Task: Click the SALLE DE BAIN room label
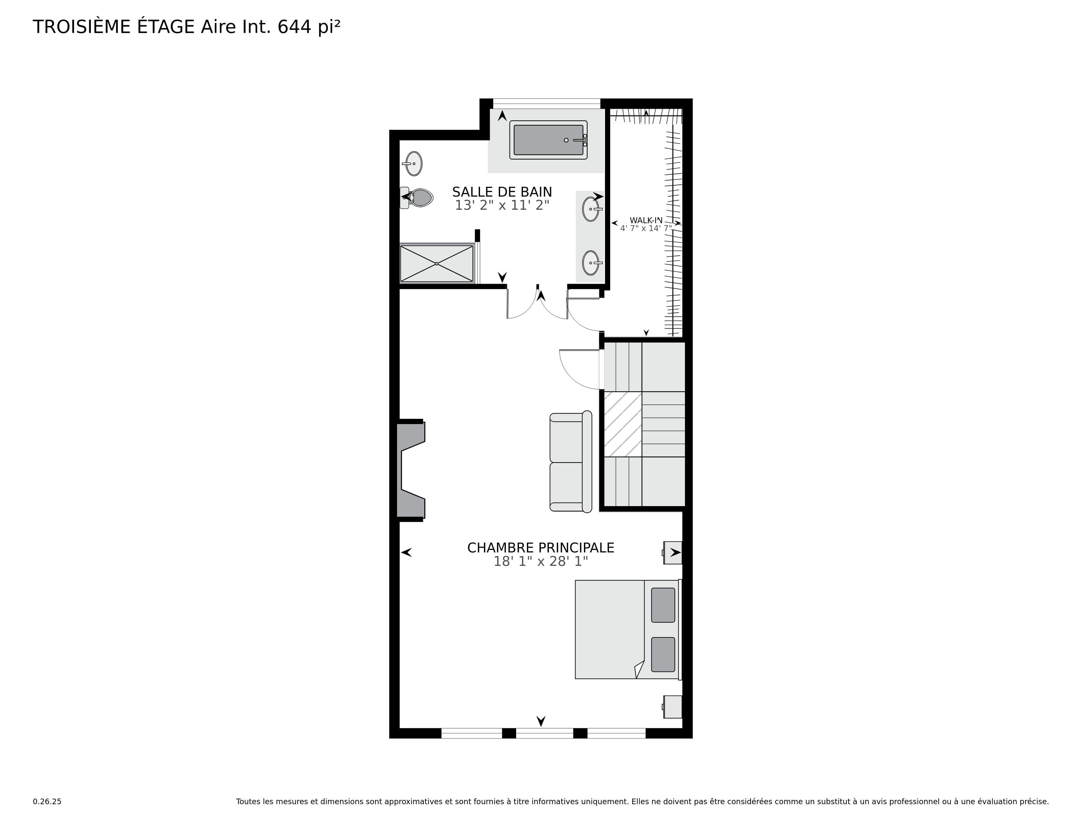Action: click(502, 192)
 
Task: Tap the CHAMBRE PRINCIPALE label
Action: click(540, 548)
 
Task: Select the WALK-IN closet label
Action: click(646, 220)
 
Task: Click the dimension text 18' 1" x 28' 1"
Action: click(540, 561)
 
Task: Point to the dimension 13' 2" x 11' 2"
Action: click(502, 205)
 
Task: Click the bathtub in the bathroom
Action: click(549, 140)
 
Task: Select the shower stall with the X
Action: click(436, 263)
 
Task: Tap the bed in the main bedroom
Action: click(628, 629)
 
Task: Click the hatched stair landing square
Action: click(623, 424)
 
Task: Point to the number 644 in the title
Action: click(294, 27)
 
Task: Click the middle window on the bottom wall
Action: click(545, 733)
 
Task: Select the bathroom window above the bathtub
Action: click(547, 103)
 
